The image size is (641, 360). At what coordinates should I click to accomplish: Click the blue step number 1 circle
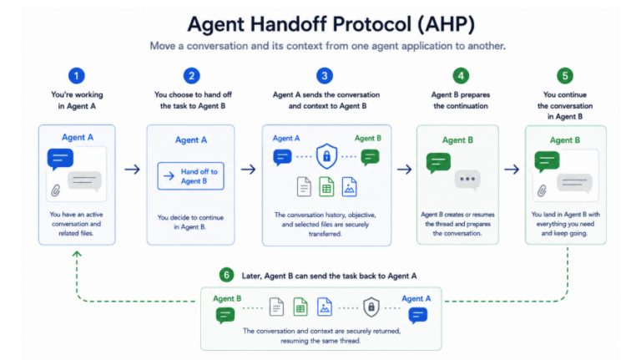(77, 76)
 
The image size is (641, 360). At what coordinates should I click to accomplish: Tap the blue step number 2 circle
(191, 76)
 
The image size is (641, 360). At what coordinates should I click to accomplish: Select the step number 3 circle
(325, 76)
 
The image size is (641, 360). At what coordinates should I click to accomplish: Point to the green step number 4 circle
(461, 76)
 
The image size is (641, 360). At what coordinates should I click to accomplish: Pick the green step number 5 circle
(565, 76)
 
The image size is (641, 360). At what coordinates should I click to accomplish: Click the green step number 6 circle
(226, 275)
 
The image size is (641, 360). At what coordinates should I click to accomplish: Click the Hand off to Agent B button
(191, 176)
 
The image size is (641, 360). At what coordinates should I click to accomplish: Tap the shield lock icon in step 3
(326, 156)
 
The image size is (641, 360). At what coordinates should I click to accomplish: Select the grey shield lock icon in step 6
(371, 307)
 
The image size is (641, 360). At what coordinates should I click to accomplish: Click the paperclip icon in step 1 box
(56, 190)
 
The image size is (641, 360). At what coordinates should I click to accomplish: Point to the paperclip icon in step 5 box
(542, 190)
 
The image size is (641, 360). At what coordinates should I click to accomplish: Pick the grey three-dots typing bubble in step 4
(467, 180)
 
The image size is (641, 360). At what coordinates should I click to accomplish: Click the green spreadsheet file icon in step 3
(326, 187)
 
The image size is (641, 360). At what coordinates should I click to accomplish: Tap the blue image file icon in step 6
(325, 307)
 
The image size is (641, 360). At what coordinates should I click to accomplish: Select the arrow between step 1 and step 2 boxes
(132, 170)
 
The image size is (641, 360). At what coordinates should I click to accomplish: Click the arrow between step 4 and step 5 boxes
(512, 170)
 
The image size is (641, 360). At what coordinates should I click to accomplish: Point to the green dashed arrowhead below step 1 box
(77, 254)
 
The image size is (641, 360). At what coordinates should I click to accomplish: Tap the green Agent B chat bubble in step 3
(370, 158)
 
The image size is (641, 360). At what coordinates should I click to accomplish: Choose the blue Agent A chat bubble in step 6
(418, 316)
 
